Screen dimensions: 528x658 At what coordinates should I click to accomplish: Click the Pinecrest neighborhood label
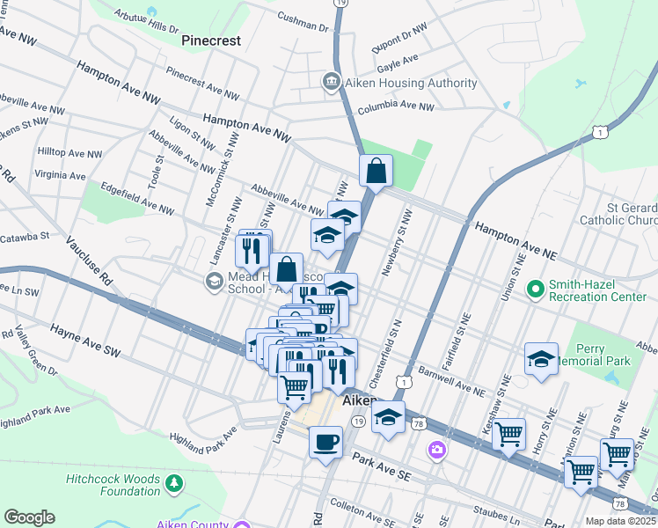pyautogui.click(x=210, y=40)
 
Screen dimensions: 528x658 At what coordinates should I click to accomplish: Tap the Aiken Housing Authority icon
pyautogui.click(x=332, y=83)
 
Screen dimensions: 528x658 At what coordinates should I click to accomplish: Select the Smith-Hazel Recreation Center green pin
pyautogui.click(x=534, y=288)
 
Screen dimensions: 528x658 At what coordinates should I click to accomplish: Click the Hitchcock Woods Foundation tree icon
pyautogui.click(x=174, y=482)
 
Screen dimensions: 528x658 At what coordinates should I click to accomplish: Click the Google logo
pyautogui.click(x=29, y=517)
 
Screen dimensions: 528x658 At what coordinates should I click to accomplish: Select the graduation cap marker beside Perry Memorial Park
pyautogui.click(x=541, y=358)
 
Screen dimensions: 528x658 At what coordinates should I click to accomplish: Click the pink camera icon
pyautogui.click(x=436, y=451)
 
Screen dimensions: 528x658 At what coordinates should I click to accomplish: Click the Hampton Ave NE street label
pyautogui.click(x=516, y=239)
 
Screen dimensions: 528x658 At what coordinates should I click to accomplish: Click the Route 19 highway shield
pyautogui.click(x=359, y=422)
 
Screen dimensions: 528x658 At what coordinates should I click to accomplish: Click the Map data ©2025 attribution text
pyautogui.click(x=621, y=520)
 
